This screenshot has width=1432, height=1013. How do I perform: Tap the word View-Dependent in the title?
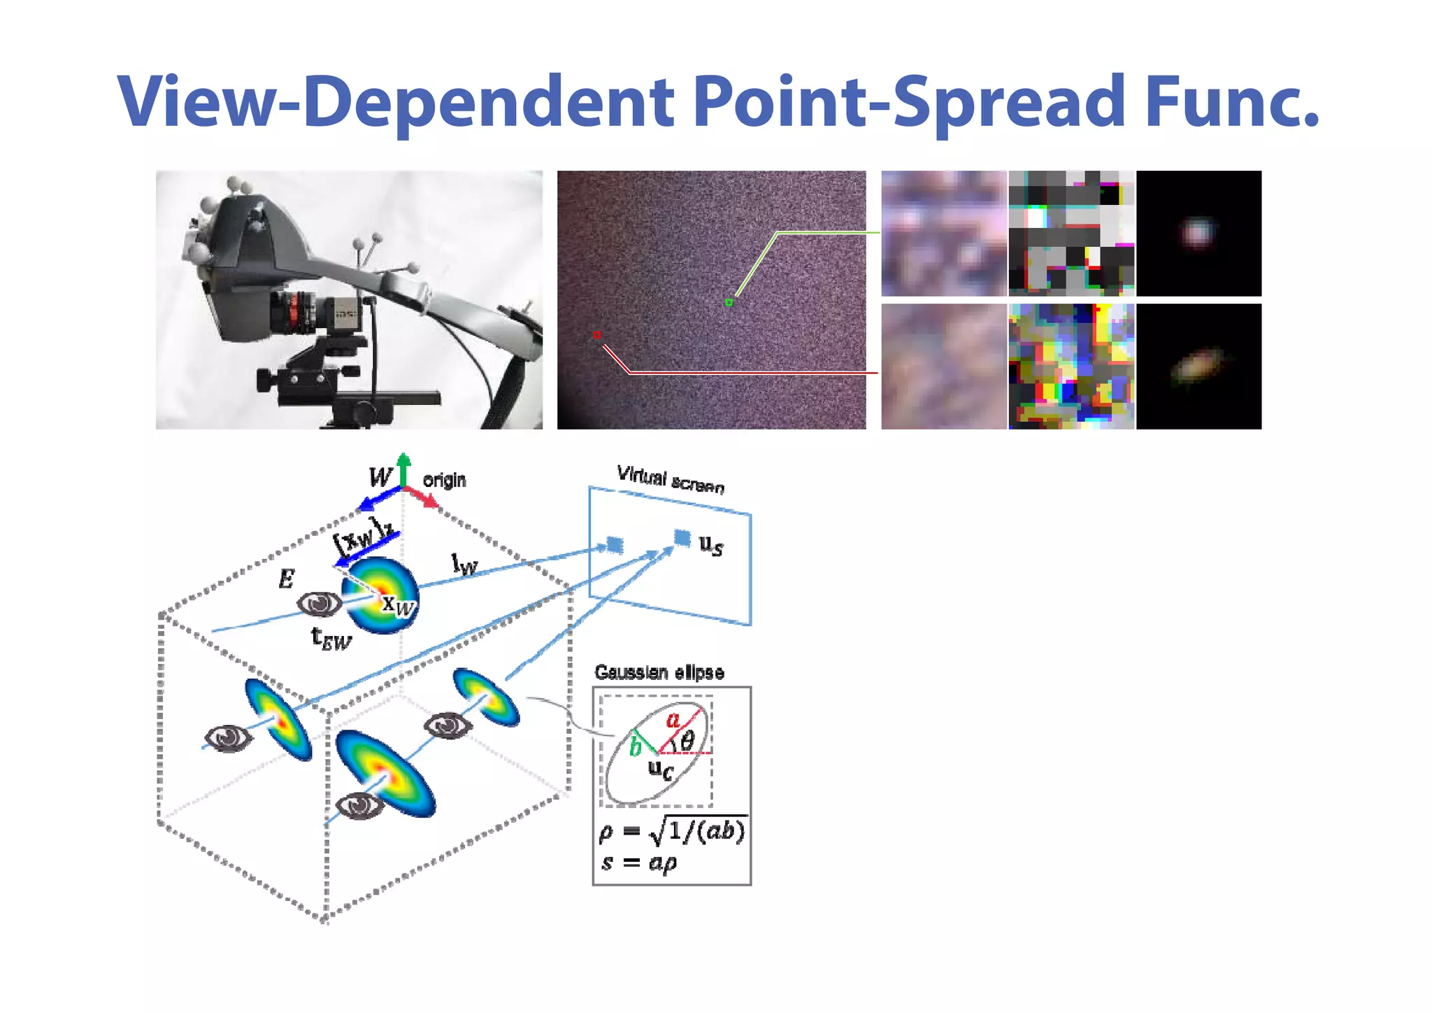[x=395, y=104]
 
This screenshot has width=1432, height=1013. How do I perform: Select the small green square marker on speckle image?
[x=729, y=302]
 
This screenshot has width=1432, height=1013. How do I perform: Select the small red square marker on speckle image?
[x=597, y=335]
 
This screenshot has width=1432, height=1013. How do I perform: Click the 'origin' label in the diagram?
[x=444, y=481]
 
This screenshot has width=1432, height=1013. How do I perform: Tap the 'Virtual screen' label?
[x=670, y=479]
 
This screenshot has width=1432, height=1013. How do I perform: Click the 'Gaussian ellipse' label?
[x=659, y=672]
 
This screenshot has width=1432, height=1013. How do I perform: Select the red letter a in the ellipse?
[x=673, y=720]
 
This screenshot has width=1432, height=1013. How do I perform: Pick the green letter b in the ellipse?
[x=635, y=747]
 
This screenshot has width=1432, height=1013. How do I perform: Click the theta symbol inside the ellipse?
[x=688, y=740]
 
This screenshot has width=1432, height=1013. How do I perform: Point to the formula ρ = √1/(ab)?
[x=672, y=831]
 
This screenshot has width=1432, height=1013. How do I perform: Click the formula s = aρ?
[x=639, y=863]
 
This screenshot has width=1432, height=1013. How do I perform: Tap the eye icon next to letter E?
[x=320, y=603]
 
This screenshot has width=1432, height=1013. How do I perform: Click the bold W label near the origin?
[x=380, y=477]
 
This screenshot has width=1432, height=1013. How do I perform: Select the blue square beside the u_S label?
[x=682, y=537]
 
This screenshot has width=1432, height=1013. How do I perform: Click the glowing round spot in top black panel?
[x=1197, y=232]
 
